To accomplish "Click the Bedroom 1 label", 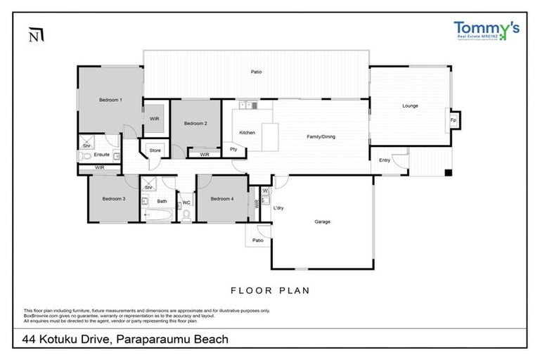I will (110, 100).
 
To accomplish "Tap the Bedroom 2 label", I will (195, 124).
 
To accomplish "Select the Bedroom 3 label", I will (113, 199).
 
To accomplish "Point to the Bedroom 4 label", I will (221, 199).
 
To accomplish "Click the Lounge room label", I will (410, 106).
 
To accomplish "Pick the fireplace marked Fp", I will (453, 120).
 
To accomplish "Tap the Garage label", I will (322, 221).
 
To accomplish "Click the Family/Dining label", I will (321, 136).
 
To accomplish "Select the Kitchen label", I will (247, 133).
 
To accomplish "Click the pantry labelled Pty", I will (233, 150).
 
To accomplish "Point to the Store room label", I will (155, 150).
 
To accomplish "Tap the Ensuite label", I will (102, 154).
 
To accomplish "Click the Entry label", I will (384, 160).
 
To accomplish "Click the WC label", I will (186, 202).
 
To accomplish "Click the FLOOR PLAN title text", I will (270, 290).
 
